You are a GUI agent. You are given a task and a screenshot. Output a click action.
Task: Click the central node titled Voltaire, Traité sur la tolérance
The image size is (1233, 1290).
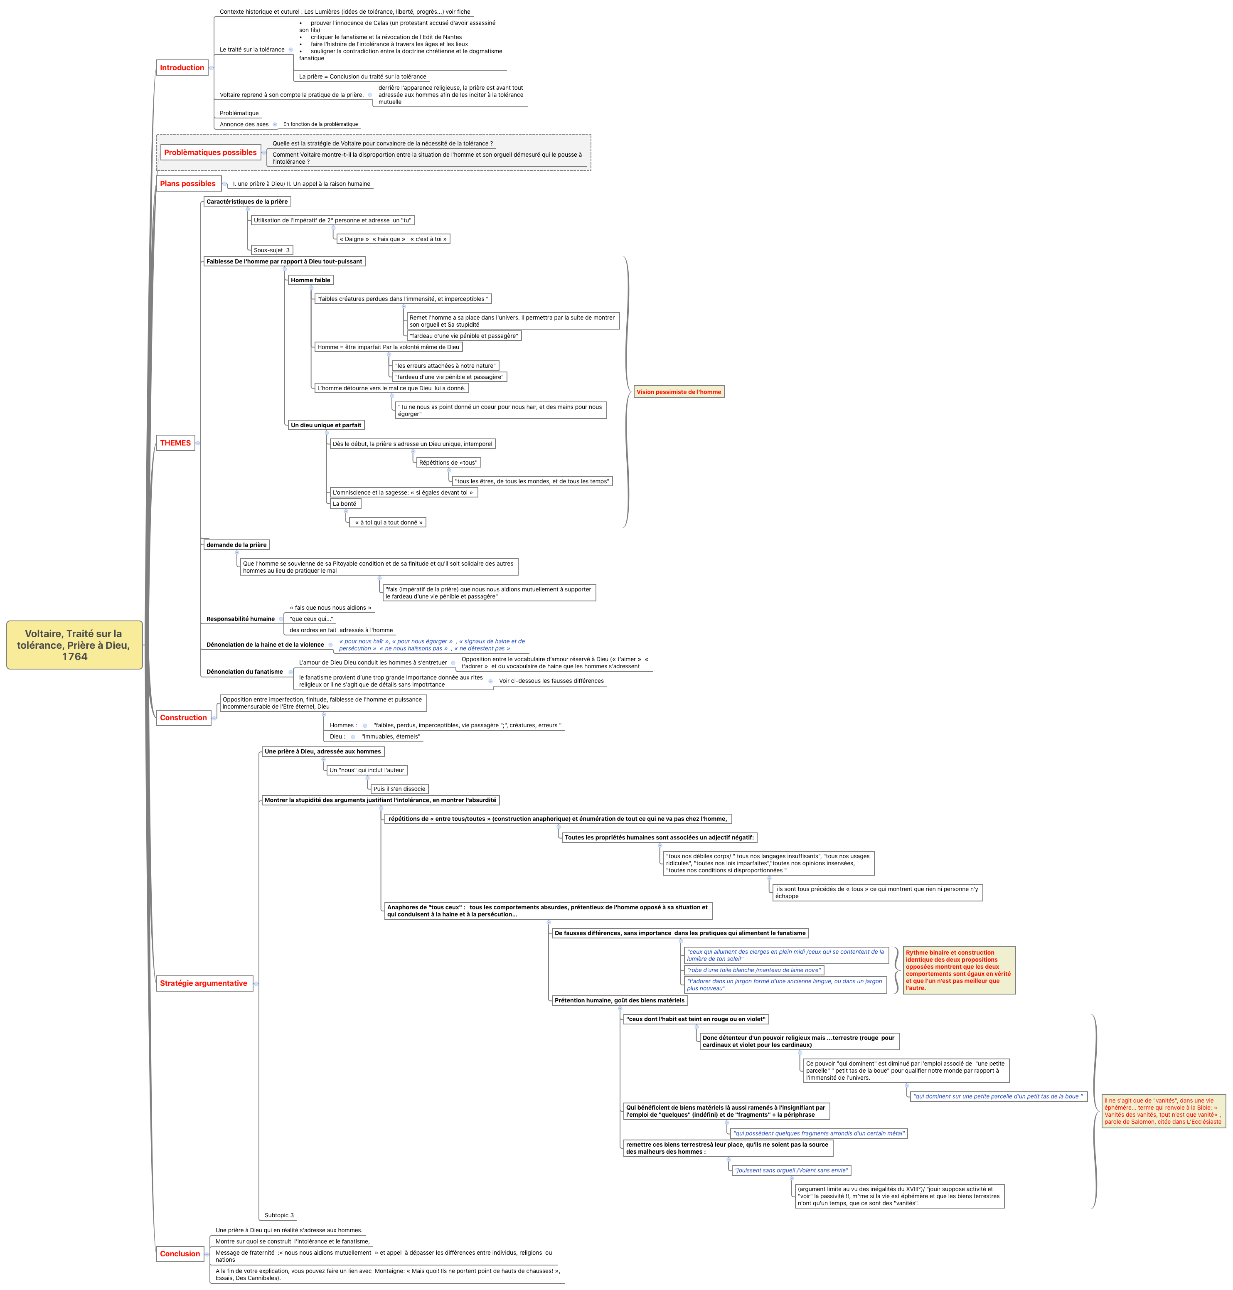[74, 645]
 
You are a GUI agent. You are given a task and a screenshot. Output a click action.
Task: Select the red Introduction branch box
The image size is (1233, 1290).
[182, 68]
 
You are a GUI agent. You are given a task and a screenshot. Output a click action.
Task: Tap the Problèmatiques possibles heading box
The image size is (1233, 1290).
[210, 153]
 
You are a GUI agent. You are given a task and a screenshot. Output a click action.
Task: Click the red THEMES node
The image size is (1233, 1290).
[175, 443]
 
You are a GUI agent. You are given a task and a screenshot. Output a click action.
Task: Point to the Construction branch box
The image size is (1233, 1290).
[183, 718]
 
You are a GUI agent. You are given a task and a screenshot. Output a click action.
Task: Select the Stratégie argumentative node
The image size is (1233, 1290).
[204, 983]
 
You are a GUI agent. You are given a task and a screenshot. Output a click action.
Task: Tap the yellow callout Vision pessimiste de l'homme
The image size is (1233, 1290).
[678, 391]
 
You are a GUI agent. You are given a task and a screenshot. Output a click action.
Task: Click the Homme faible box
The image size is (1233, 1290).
[310, 280]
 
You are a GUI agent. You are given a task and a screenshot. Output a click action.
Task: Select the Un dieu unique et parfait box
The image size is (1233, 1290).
[326, 425]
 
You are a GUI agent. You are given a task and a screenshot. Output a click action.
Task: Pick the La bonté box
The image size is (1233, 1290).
[345, 504]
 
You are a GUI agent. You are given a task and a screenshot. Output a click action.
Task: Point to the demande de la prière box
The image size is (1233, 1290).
[236, 545]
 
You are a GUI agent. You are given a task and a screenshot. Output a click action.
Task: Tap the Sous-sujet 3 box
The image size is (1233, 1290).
[271, 250]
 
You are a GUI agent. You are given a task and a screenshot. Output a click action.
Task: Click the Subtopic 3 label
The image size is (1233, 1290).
[279, 1215]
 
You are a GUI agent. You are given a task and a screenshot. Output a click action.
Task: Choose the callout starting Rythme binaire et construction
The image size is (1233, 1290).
[958, 970]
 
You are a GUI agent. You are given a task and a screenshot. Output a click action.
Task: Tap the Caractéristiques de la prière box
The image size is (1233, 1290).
[247, 202]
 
